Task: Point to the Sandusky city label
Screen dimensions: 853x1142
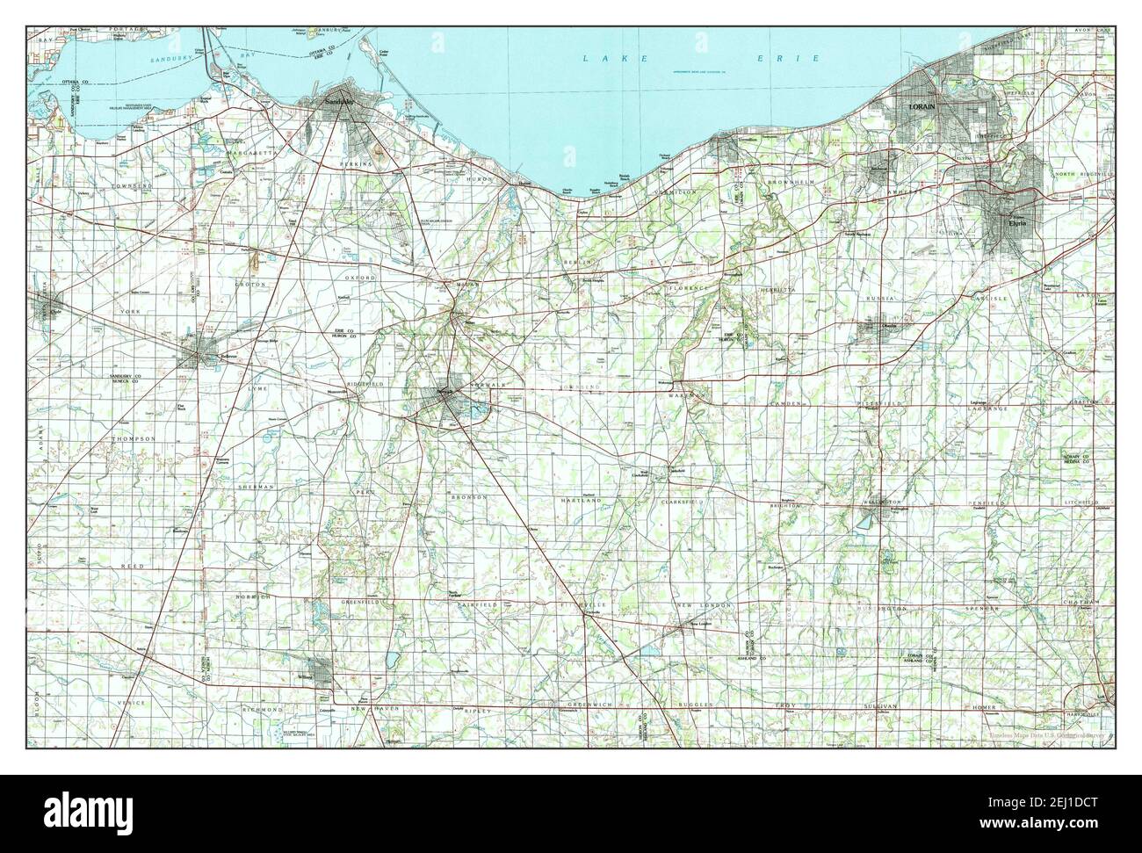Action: pyautogui.click(x=341, y=102)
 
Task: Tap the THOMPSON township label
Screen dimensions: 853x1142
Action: pyautogui.click(x=134, y=437)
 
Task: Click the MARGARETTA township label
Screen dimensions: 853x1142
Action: pyautogui.click(x=249, y=152)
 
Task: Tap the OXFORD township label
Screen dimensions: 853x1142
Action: pyautogui.click(x=360, y=278)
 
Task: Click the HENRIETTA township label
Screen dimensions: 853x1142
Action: pyautogui.click(x=777, y=288)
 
